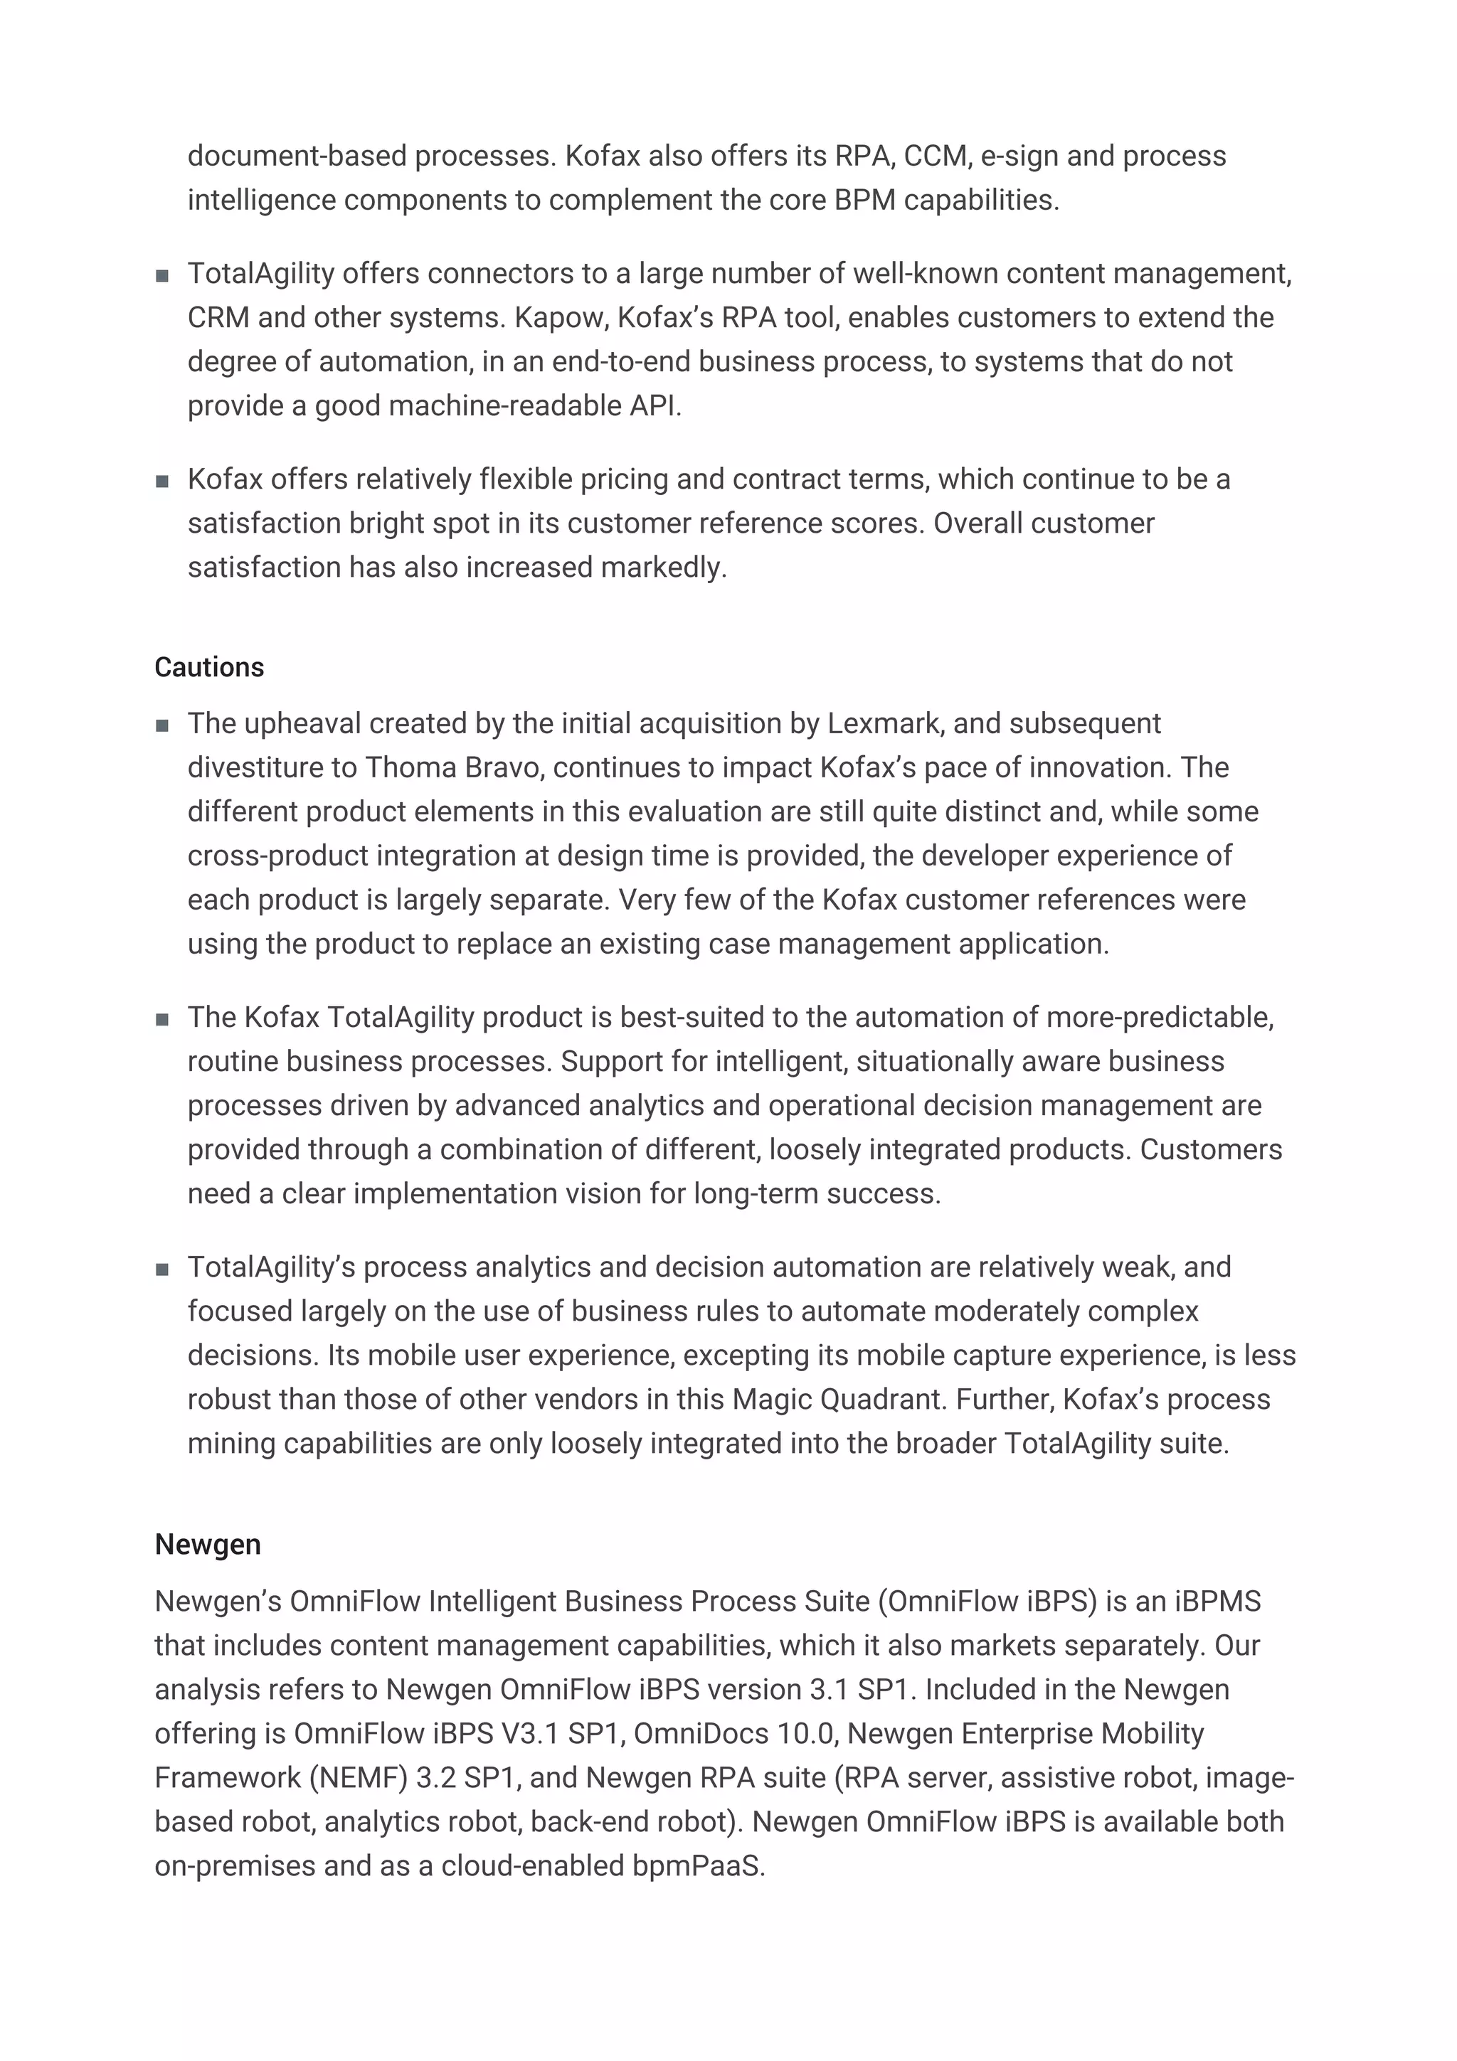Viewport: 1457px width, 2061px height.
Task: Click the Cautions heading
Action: coord(208,667)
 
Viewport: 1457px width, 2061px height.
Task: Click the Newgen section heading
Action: coord(207,1544)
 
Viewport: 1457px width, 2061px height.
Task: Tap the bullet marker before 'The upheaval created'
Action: coord(162,725)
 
